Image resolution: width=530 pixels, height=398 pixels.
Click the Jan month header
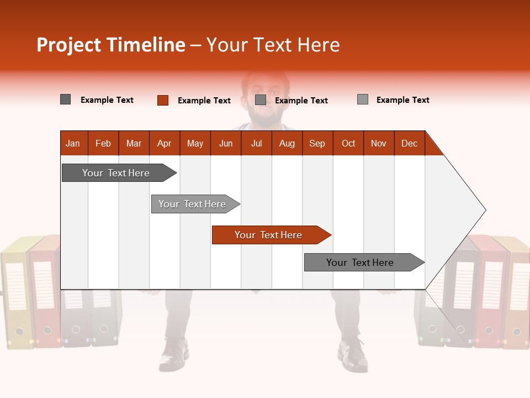coord(73,143)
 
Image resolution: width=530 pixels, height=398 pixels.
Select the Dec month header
coord(409,143)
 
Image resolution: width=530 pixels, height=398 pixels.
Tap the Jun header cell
coord(226,143)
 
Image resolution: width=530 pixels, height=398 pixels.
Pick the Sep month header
coord(317,143)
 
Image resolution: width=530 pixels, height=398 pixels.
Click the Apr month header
coord(165,143)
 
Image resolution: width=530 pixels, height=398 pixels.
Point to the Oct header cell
coord(348,143)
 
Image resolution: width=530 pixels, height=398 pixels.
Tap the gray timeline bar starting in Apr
coord(193,204)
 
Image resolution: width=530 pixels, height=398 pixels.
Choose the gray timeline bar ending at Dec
coord(362,263)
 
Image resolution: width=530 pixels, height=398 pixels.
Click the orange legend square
coord(162,100)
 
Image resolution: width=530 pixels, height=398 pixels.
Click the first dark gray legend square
coord(65,99)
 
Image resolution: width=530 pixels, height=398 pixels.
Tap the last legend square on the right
coord(363,99)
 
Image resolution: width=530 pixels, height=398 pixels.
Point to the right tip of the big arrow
coord(485,210)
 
